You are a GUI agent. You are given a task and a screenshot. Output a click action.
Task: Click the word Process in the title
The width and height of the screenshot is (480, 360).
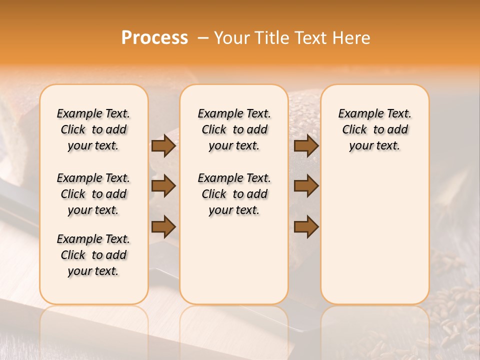click(x=154, y=38)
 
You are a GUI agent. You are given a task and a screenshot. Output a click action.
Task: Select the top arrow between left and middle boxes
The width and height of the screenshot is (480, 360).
click(x=163, y=146)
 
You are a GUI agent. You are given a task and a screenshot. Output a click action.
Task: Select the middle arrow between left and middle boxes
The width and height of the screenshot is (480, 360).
click(x=163, y=186)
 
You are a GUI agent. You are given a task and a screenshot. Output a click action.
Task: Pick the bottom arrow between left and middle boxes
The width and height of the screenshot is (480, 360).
click(x=163, y=226)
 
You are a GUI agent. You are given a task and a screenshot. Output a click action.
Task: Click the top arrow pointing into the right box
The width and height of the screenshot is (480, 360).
click(x=306, y=146)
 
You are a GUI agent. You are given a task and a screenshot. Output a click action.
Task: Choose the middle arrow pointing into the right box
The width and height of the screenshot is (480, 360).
click(x=306, y=186)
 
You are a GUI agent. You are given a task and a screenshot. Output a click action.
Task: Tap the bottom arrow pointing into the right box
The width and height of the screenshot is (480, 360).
click(x=306, y=226)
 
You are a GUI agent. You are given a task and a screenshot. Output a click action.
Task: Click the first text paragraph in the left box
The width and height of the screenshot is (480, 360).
click(x=93, y=129)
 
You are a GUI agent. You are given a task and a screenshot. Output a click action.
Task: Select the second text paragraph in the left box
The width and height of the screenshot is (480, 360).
click(x=93, y=194)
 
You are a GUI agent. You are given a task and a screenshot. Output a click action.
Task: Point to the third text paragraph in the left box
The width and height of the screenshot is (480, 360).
click(x=93, y=255)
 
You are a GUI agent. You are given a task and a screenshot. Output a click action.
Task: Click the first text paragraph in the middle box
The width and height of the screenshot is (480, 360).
click(x=234, y=129)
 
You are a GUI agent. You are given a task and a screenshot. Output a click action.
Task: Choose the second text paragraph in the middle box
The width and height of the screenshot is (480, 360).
click(x=234, y=194)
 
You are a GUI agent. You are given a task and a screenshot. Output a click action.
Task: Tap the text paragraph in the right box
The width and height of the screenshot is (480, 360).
click(x=374, y=129)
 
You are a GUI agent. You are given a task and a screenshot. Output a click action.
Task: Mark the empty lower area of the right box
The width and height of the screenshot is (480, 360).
click(x=374, y=235)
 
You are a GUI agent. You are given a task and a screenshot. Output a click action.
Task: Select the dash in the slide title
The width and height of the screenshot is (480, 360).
click(x=203, y=38)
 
